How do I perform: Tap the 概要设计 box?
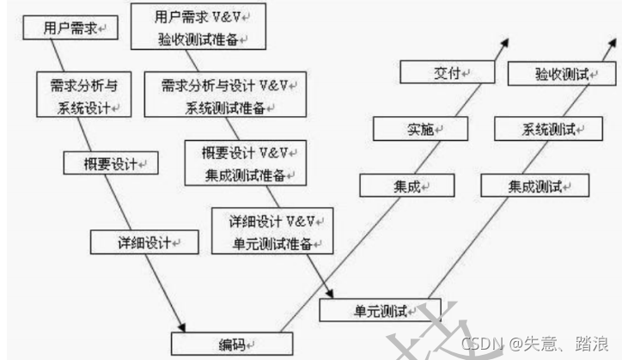[x=109, y=163]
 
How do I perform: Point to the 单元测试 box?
[x=379, y=308]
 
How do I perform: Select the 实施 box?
[x=420, y=130]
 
